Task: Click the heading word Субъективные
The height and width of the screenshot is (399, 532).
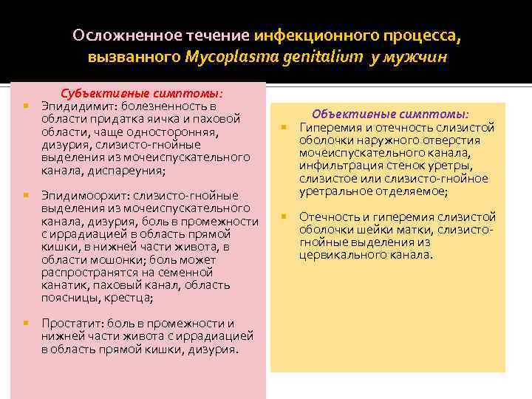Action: (95, 94)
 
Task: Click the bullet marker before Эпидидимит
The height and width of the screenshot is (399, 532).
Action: (25, 106)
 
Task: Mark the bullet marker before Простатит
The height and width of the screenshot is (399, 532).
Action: (25, 324)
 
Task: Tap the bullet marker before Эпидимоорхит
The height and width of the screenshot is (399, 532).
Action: (25, 196)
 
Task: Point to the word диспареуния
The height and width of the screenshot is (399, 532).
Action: (130, 171)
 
